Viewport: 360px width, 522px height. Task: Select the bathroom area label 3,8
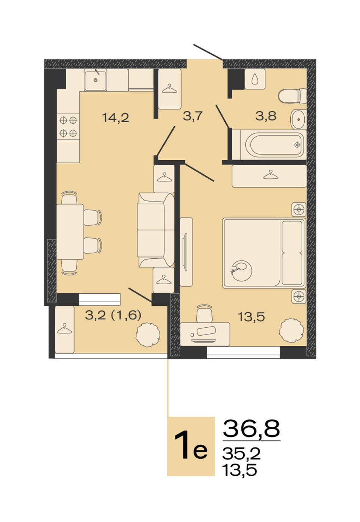pos(266,116)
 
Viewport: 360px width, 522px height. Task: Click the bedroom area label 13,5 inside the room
pos(251,317)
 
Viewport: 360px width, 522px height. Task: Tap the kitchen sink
pos(95,80)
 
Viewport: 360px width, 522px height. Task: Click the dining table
pos(70,231)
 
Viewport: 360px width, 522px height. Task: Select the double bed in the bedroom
pos(264,253)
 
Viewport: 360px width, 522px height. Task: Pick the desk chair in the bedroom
pos(205,313)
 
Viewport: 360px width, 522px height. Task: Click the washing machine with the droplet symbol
pos(255,79)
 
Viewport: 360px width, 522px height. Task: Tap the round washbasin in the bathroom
pos(299,119)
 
